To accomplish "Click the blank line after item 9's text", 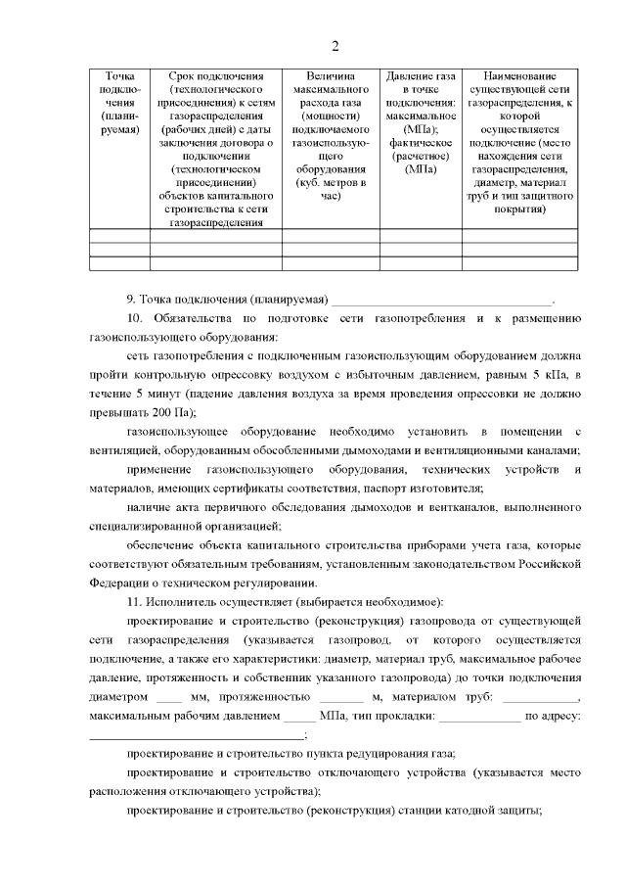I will [441, 300].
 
